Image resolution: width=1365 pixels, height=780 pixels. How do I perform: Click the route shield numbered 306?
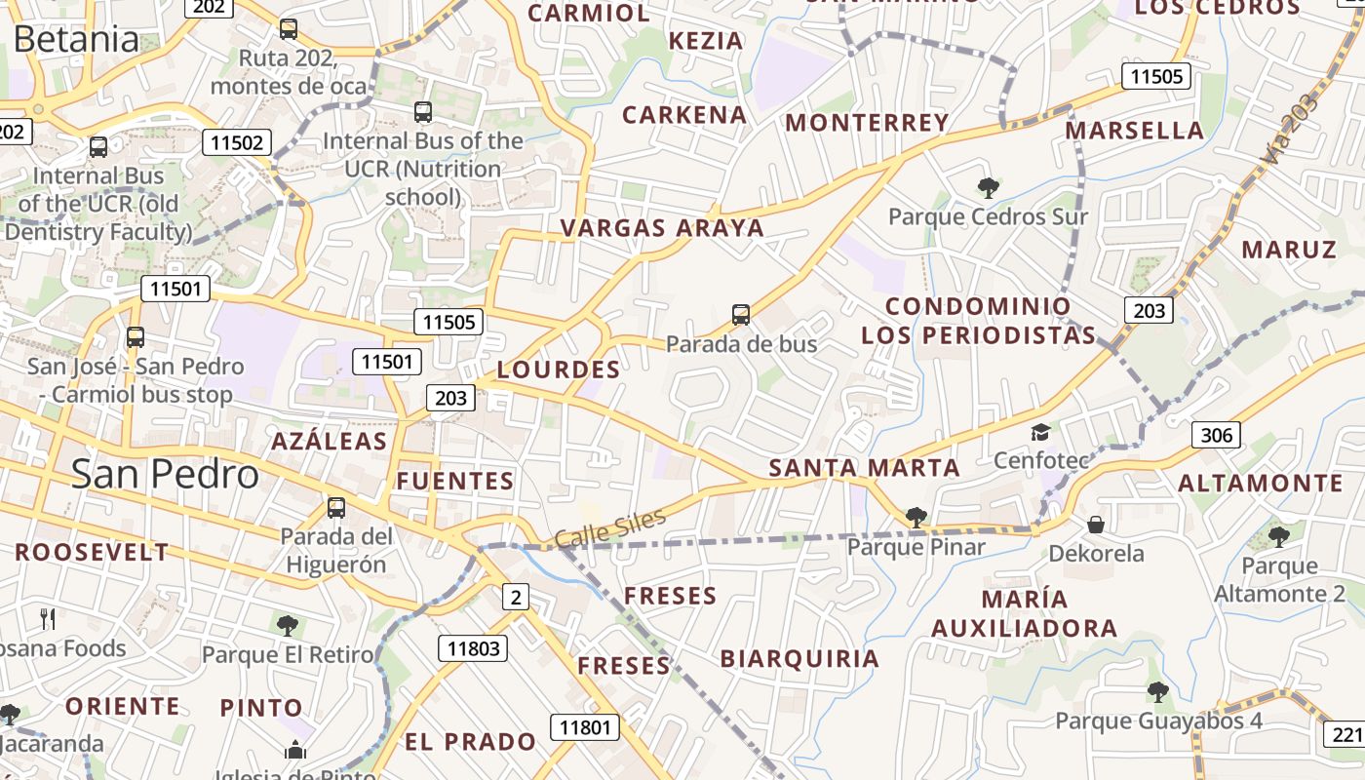[1216, 435]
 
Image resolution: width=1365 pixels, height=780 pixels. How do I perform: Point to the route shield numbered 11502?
[235, 142]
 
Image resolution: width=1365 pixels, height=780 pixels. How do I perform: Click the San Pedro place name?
[165, 474]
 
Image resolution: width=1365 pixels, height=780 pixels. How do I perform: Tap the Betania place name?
[76, 39]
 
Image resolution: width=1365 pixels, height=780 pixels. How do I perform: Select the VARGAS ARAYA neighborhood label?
[662, 228]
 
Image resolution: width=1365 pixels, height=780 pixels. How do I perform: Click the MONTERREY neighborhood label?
[867, 123]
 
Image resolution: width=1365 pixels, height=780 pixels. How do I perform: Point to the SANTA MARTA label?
[864, 468]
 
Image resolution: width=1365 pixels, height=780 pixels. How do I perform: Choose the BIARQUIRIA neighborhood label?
[799, 659]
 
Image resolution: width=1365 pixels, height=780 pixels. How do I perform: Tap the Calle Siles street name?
[610, 527]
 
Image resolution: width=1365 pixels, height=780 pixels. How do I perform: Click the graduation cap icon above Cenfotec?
[1040, 432]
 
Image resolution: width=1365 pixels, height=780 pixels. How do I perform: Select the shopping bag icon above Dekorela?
[1096, 525]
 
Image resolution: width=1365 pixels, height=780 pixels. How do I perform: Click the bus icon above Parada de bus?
[741, 315]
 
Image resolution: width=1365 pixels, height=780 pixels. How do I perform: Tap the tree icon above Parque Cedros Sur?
[988, 187]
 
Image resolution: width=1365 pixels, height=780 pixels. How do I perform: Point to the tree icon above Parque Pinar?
[916, 517]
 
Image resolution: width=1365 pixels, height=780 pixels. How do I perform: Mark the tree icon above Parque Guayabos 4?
[1157, 692]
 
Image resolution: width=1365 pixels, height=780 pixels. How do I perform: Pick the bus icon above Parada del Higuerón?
[336, 507]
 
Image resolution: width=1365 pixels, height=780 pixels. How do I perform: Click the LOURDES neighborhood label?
[559, 370]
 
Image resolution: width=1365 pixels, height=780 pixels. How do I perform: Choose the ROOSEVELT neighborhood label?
[92, 552]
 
